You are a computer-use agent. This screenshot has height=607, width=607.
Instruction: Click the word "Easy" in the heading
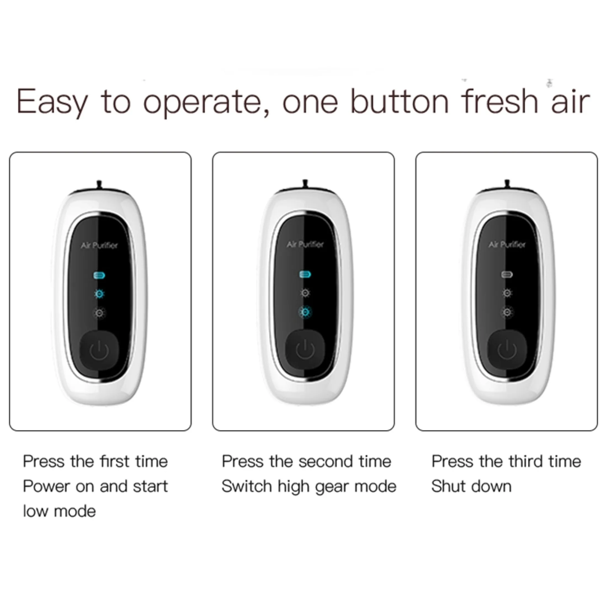(52, 102)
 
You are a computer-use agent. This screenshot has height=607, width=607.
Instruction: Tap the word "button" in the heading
(399, 101)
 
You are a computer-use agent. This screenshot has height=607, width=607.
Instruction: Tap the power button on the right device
(507, 350)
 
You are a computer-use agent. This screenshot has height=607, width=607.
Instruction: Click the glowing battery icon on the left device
(99, 276)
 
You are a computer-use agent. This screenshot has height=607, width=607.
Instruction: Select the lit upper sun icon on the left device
(99, 294)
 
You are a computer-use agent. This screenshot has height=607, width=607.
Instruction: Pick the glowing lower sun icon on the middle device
(304, 312)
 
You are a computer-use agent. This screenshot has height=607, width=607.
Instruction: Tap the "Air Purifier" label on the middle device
(305, 244)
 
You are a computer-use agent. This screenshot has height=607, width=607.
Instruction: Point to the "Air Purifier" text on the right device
(507, 244)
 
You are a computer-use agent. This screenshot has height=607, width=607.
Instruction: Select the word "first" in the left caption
(114, 462)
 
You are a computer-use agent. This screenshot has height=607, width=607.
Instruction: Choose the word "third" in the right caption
(526, 462)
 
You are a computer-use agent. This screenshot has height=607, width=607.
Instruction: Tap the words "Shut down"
(471, 487)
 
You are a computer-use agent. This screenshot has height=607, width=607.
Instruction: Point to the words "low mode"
(59, 511)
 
